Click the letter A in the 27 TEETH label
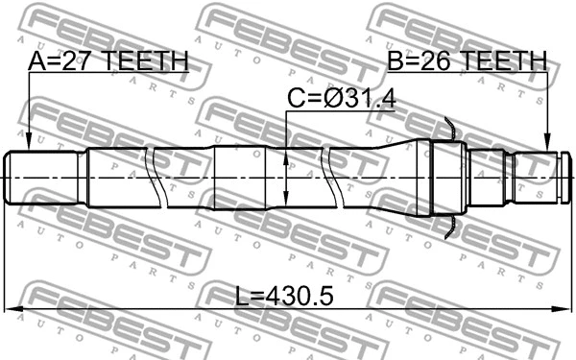[37, 62]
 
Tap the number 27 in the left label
[79, 62]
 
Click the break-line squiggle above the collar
[448, 127]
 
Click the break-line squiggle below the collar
[448, 227]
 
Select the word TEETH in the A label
[147, 62]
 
